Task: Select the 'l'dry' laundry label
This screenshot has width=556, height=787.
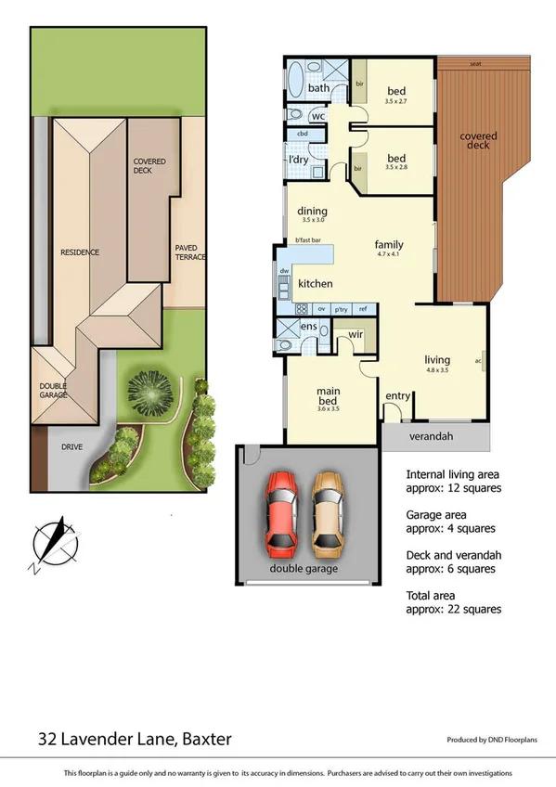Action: (299, 160)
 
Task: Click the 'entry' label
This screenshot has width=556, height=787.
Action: (397, 396)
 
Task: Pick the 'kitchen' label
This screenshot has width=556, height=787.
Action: (316, 283)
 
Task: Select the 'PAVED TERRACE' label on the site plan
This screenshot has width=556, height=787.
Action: (190, 252)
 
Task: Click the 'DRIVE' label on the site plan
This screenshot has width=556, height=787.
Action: (72, 446)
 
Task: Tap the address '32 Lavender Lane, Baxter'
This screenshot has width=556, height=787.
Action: (135, 739)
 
